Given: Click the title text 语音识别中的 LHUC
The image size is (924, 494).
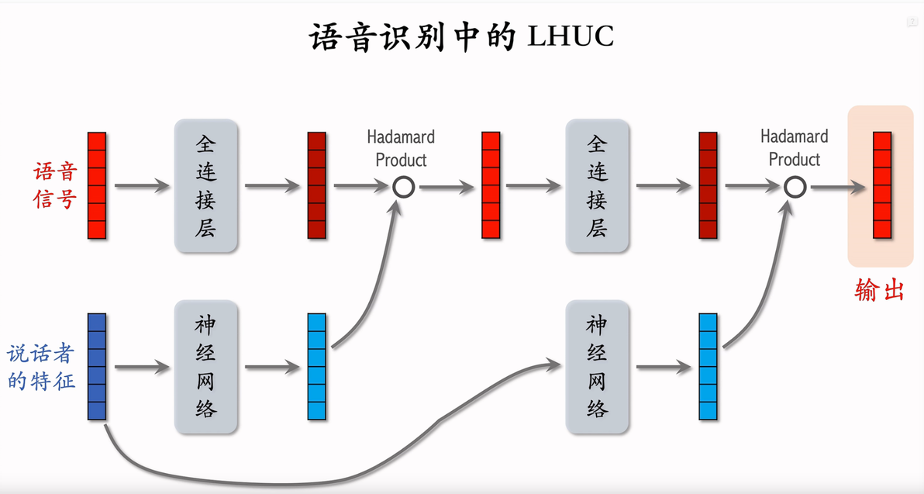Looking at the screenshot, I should (x=462, y=37).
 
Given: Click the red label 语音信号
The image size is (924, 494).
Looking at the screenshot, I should (x=55, y=185).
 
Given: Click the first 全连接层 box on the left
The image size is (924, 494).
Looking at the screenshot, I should (x=205, y=186).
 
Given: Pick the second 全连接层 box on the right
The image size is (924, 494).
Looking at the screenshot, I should (x=597, y=186).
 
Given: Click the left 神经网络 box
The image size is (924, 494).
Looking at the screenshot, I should (x=205, y=368).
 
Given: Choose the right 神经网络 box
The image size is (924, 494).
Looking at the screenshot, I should (x=597, y=368).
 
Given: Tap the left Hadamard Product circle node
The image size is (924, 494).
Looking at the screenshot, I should (x=403, y=186).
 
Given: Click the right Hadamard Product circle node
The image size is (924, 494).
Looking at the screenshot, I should (x=795, y=186).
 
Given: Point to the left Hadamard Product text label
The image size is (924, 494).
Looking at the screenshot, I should (x=401, y=148).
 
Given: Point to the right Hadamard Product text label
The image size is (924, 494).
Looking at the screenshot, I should (x=794, y=147).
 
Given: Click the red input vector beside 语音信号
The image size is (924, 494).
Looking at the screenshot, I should (x=96, y=185).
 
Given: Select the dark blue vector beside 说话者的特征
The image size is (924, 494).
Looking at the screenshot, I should (x=96, y=367).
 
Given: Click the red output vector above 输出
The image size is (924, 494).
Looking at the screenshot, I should (x=882, y=185).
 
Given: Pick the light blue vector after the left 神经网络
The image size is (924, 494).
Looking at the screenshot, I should (x=317, y=367).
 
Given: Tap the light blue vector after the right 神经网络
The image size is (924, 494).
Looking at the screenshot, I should (x=709, y=367).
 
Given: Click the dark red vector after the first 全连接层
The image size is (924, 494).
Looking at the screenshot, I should (x=317, y=185).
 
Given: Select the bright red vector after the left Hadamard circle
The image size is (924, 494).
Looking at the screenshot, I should (x=491, y=185).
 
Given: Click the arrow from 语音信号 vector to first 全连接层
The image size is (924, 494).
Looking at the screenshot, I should (x=142, y=186).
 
